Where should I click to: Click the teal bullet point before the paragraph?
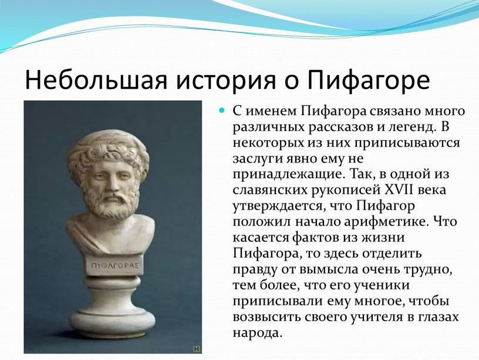coord(222,110)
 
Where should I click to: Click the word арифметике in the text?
coord(385,221)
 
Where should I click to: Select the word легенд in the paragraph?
coord(411,127)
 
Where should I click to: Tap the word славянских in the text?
coord(270,190)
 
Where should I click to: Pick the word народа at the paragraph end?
coord(256,333)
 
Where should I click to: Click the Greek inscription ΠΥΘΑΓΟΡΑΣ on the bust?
coord(115,265)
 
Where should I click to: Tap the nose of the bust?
coord(113,183)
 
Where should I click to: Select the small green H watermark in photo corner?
coord(197,348)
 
